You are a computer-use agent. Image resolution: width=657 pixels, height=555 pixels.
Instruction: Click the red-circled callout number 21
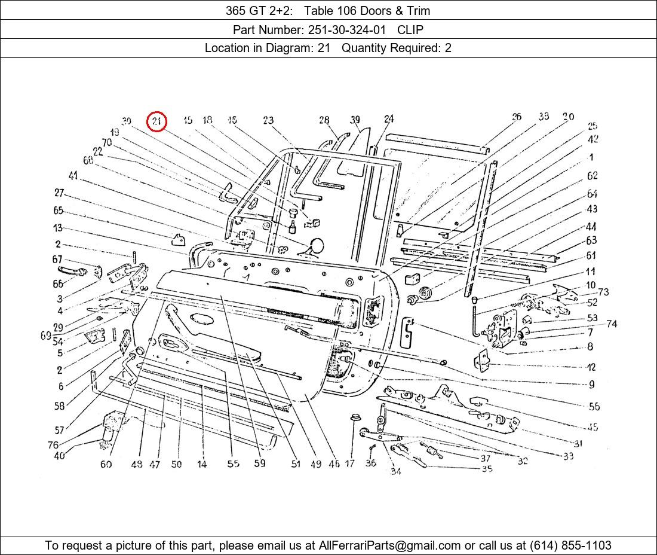[x=156, y=122]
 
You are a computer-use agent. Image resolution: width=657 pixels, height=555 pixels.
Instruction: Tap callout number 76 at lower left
[x=53, y=445]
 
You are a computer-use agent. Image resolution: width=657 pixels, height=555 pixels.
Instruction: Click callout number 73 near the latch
[x=603, y=292]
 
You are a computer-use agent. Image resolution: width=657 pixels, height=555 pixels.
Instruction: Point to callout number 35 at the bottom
[x=487, y=469]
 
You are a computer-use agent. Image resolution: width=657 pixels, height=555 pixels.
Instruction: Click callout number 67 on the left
[x=57, y=259]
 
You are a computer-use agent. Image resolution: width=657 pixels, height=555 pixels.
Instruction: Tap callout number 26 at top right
[x=516, y=117]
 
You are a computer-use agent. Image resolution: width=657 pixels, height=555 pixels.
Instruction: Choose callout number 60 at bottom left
[x=106, y=464]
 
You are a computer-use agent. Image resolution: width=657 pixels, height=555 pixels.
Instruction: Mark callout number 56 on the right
[x=594, y=407]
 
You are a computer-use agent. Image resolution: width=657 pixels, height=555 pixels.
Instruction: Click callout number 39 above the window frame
[x=355, y=120]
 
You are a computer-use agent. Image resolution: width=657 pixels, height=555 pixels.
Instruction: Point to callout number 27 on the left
[x=59, y=193]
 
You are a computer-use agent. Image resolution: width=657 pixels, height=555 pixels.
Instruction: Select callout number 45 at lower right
[x=592, y=427]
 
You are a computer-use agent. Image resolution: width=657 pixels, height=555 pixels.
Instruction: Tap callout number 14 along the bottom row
[x=202, y=464]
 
